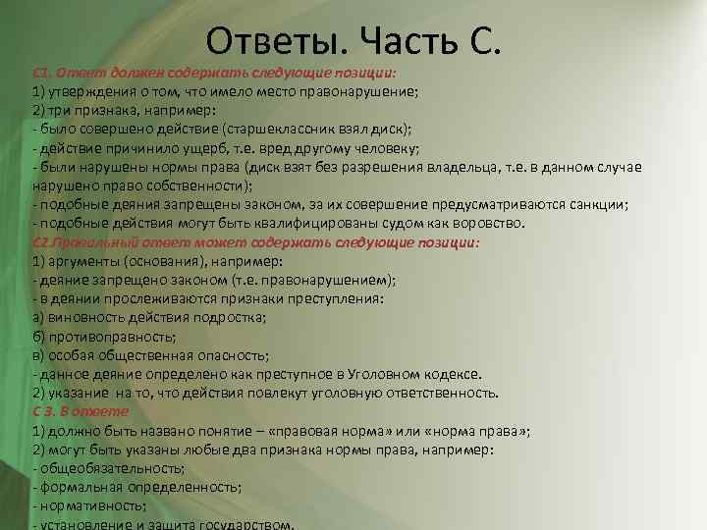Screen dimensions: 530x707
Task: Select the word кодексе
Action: [x=451, y=373]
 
